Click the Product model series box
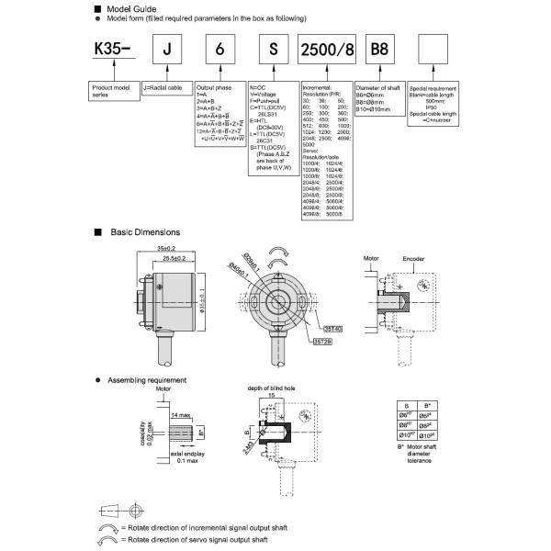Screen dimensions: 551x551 point(113,89)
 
